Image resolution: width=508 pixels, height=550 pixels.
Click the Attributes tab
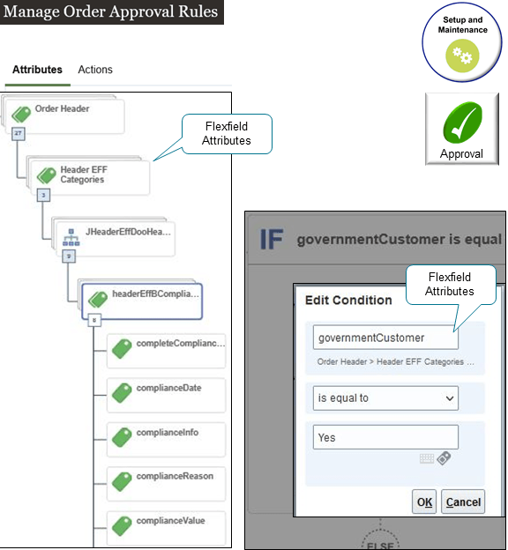click(37, 70)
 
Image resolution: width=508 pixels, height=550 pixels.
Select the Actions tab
click(95, 70)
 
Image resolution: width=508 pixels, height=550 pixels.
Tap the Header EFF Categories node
click(87, 175)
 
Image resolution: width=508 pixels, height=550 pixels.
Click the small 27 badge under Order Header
click(17, 133)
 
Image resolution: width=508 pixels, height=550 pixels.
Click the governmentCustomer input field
click(385, 338)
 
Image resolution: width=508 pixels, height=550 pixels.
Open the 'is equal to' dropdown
click(385, 398)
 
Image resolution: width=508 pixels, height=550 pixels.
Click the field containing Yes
click(385, 437)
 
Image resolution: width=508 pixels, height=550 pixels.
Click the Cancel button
click(463, 502)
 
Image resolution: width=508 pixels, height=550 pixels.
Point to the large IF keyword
click(273, 239)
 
